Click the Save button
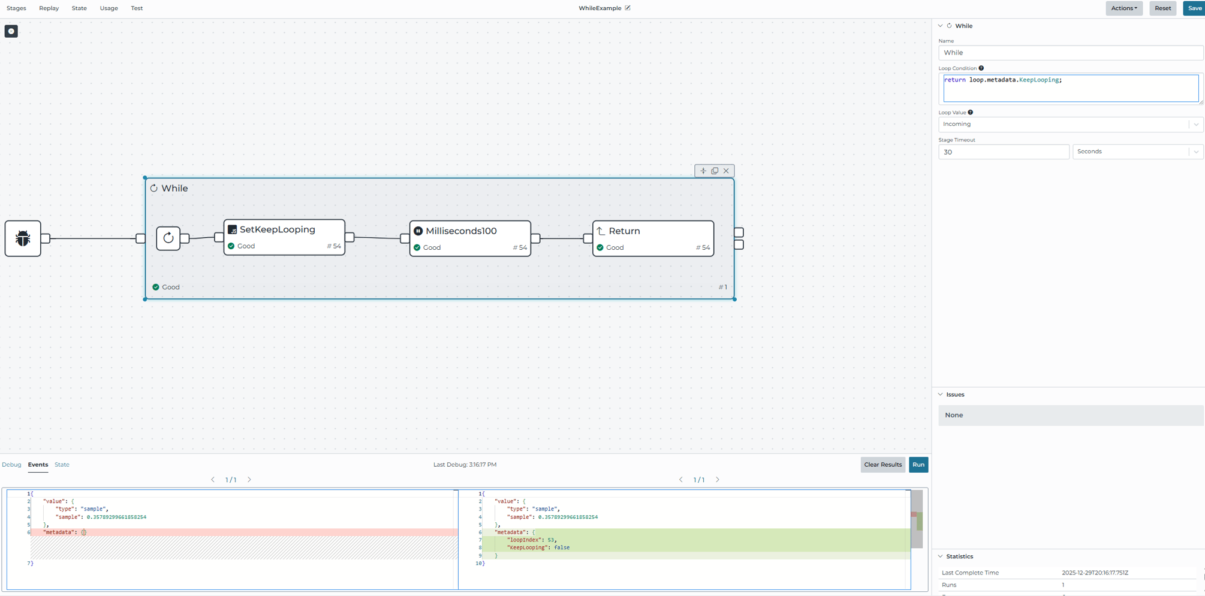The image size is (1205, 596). tap(1194, 8)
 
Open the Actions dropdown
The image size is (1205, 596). tap(1123, 8)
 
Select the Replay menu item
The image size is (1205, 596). tap(49, 8)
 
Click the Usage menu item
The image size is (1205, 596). tap(109, 8)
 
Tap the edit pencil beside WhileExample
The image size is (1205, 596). tap(628, 8)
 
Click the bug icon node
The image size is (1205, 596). tap(23, 238)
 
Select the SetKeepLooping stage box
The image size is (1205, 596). tap(284, 237)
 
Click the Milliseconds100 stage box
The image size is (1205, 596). tap(470, 238)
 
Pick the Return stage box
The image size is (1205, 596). tap(653, 238)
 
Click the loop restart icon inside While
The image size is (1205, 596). tap(168, 238)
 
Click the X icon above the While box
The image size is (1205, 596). tap(726, 171)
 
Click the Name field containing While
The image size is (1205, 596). tap(1070, 53)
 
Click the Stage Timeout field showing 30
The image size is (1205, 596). tap(1003, 152)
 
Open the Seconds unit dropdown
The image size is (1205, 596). tap(1137, 152)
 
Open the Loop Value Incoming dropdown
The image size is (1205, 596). tap(1070, 124)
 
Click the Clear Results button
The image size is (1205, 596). tap(882, 465)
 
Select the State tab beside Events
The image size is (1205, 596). tap(62, 465)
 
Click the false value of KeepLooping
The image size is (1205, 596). tap(562, 547)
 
